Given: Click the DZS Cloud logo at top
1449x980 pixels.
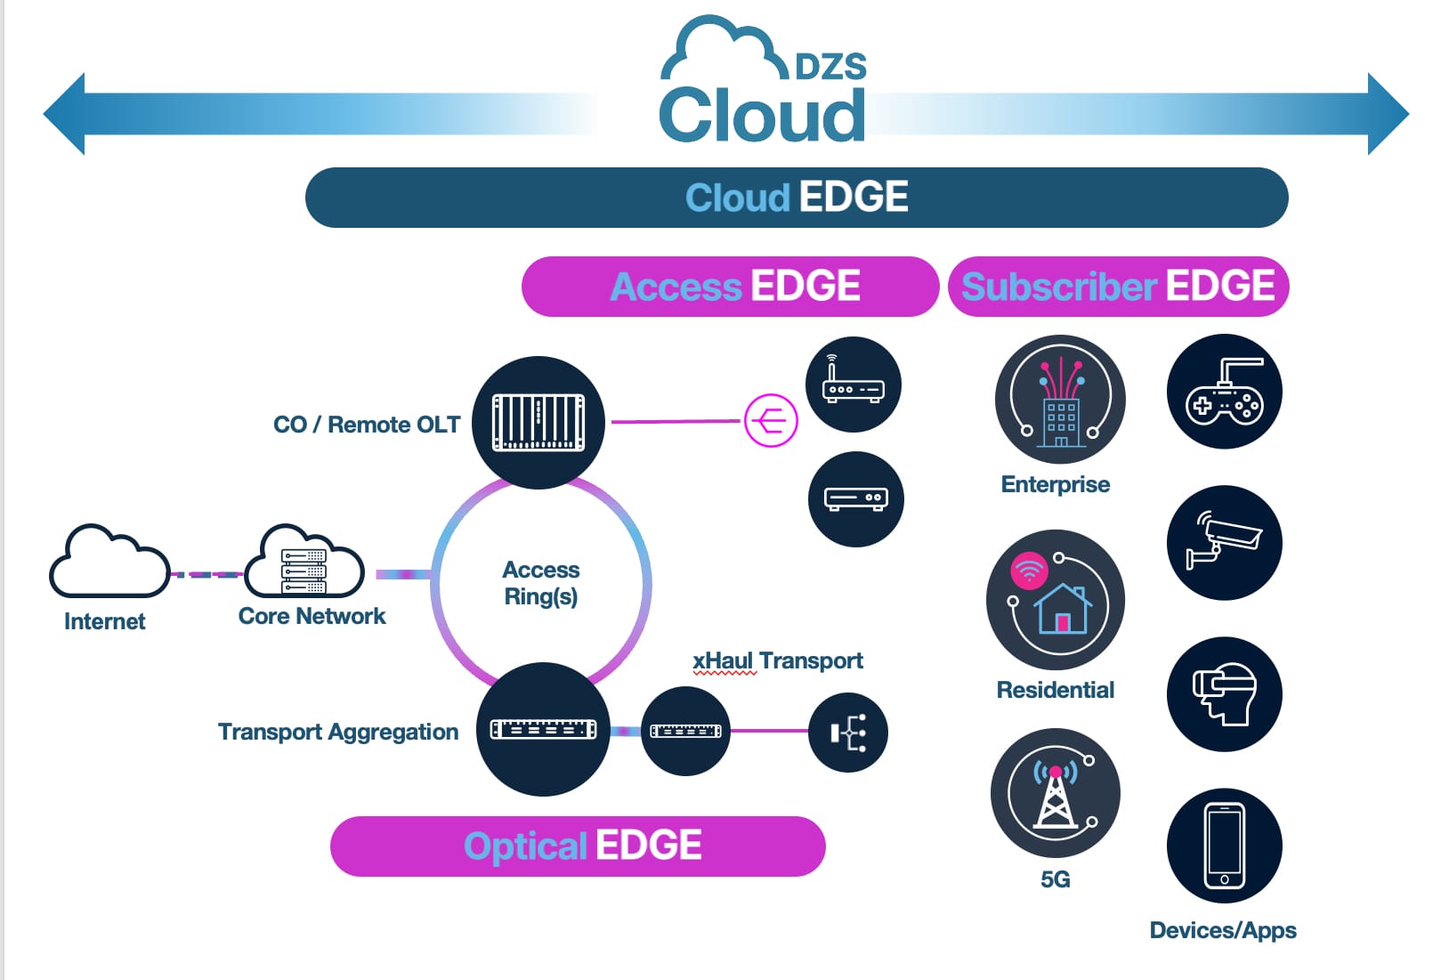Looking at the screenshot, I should tap(764, 85).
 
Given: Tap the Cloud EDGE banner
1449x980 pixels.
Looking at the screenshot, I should tap(797, 197).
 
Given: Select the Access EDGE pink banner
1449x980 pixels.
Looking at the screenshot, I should tap(731, 287).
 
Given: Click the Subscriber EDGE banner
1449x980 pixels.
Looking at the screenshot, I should tap(1118, 287).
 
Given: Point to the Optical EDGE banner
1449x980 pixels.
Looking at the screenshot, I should tap(579, 846).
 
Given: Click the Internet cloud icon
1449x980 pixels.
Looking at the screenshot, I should tap(109, 563).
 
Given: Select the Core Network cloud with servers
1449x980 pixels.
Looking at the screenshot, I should tap(304, 563).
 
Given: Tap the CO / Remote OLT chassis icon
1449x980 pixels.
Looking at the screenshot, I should tap(538, 422).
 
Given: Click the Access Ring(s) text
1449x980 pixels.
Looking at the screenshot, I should tap(540, 583).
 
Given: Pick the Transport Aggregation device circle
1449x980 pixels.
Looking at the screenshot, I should tap(543, 730).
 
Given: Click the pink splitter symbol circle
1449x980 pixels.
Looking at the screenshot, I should tap(771, 420).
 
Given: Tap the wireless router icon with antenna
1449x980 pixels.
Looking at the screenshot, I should tap(853, 385).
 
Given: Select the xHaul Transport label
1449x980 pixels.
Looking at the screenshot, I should tap(777, 660).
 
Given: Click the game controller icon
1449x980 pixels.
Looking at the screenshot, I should tap(1224, 392).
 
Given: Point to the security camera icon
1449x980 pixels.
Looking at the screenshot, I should tap(1224, 543).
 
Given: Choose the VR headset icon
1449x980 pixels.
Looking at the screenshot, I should tap(1224, 694).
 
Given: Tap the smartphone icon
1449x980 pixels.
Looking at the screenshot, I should tap(1224, 846).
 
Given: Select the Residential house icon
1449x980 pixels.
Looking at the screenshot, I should tap(1056, 601).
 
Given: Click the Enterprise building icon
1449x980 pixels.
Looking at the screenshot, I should tap(1060, 400).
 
